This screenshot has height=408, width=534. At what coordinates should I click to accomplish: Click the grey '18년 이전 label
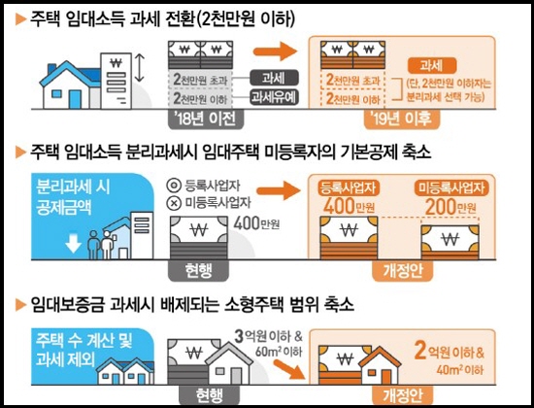pyautogui.click(x=206, y=119)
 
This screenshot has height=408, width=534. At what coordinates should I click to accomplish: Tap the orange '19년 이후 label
pyautogui.click(x=402, y=119)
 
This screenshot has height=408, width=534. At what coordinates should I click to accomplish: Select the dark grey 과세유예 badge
pyautogui.click(x=274, y=97)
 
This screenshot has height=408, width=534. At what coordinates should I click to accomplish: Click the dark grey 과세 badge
pyautogui.click(x=274, y=78)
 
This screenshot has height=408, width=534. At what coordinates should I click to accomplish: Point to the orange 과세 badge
pyautogui.click(x=432, y=65)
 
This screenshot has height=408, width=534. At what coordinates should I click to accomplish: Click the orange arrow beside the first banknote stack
pyautogui.click(x=275, y=51)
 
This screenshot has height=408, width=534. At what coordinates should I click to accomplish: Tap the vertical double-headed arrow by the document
pyautogui.click(x=139, y=68)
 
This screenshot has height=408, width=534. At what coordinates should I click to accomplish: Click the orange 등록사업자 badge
pyautogui.click(x=349, y=187)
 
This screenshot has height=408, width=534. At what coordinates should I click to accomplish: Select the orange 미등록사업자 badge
pyautogui.click(x=451, y=187)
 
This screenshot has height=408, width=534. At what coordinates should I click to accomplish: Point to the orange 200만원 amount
pyautogui.click(x=451, y=207)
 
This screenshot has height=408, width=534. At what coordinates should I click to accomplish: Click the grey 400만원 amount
pyautogui.click(x=256, y=223)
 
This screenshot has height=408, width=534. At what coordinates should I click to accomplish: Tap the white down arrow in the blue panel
pyautogui.click(x=73, y=242)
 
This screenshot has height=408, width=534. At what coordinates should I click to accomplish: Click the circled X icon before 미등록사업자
pyautogui.click(x=174, y=203)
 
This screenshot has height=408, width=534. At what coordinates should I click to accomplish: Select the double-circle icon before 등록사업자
pyautogui.click(x=174, y=186)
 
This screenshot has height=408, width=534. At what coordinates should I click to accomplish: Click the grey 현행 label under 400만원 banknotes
pyautogui.click(x=198, y=271)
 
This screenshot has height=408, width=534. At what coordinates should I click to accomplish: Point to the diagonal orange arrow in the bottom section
pyautogui.click(x=289, y=369)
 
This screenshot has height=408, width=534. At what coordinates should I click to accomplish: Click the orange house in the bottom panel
pyautogui.click(x=380, y=365)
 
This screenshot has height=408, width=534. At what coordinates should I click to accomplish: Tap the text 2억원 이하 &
pyautogui.click(x=449, y=351)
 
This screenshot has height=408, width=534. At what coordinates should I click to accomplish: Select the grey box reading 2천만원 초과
pyautogui.click(x=200, y=80)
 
